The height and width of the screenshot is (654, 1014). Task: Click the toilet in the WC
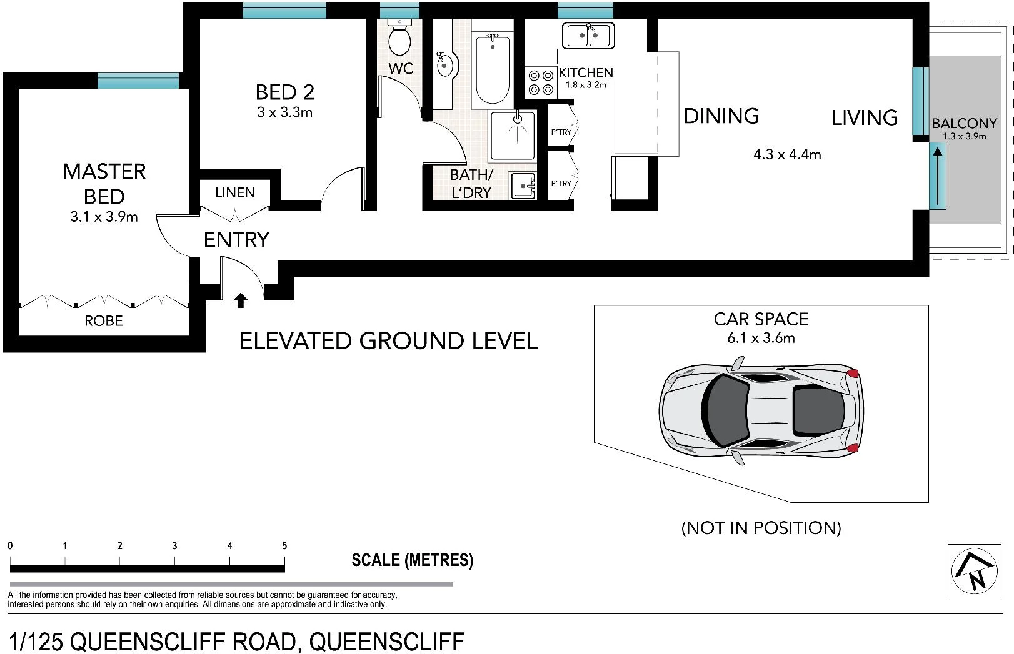[x=399, y=38]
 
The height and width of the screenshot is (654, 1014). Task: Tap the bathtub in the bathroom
[x=493, y=69]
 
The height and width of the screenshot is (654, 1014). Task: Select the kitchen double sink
[x=588, y=36]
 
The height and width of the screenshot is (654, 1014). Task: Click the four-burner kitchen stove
[x=541, y=82]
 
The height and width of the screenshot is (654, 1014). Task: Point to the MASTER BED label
[x=104, y=184]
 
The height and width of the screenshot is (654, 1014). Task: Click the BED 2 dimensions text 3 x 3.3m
[x=284, y=112]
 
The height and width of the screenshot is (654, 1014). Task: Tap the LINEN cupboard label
[x=235, y=192]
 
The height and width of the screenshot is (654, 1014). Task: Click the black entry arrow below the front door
[x=240, y=301]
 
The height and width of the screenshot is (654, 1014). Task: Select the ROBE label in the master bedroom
[x=104, y=321]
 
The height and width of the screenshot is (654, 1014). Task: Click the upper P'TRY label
[x=561, y=132]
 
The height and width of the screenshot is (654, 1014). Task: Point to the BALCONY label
[x=964, y=123]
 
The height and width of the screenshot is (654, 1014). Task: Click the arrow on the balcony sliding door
[x=937, y=176]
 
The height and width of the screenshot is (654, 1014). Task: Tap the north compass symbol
[x=973, y=570]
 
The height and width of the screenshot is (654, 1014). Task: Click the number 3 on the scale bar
[x=175, y=545]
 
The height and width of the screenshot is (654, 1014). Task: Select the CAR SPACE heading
[x=761, y=319]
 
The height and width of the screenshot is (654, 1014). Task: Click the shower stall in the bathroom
[x=513, y=136]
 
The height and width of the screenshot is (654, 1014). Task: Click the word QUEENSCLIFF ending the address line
[x=387, y=642]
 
